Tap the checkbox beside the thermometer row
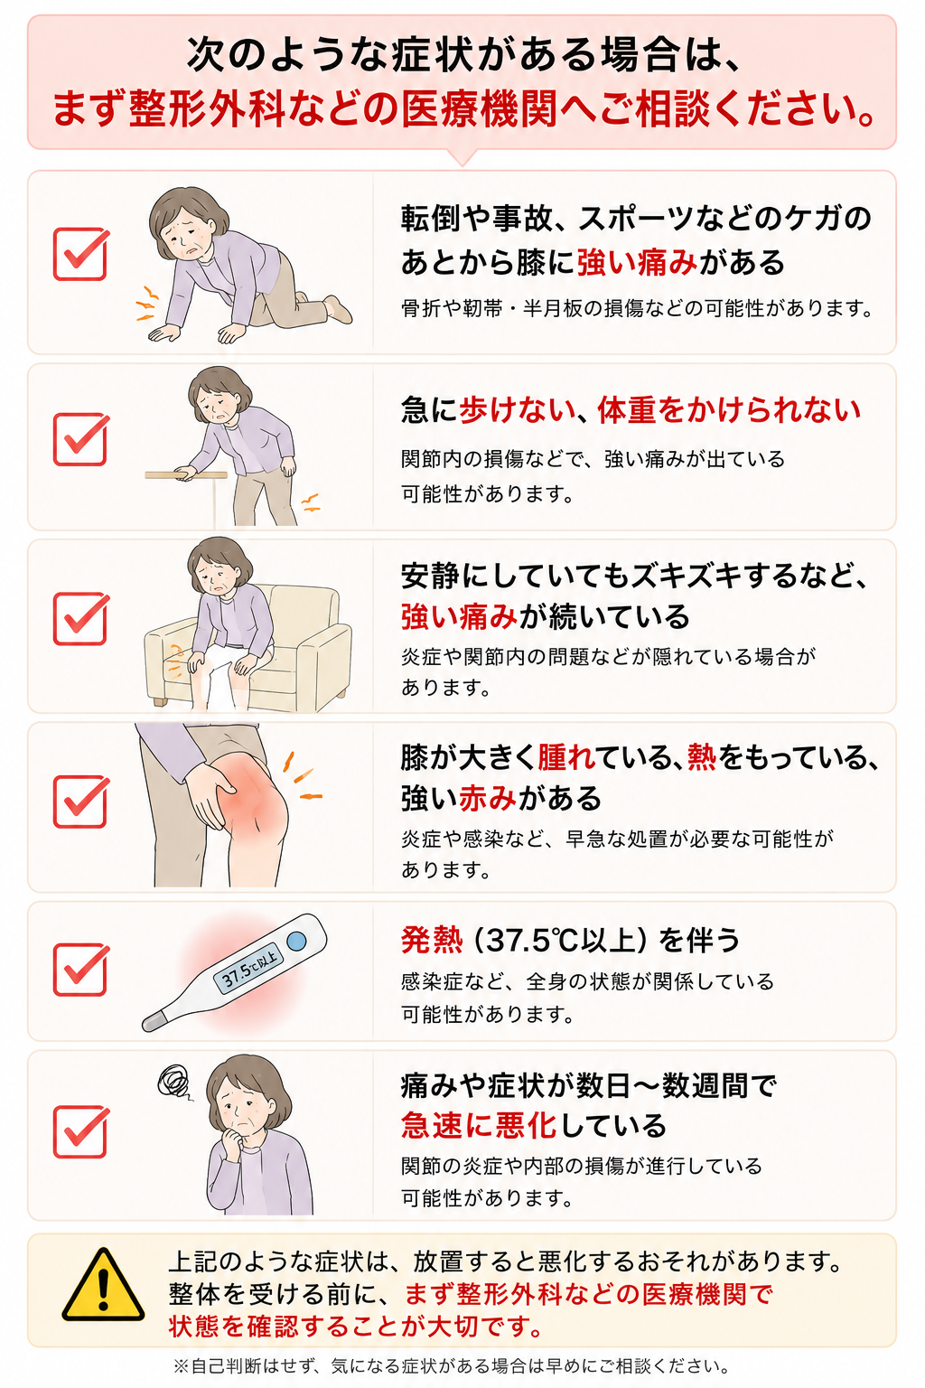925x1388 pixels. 81,970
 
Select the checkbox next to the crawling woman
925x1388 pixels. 81,254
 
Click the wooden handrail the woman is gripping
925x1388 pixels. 186,475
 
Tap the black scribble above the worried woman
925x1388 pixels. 174,1082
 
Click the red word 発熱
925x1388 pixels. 431,940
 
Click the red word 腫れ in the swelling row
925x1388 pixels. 566,757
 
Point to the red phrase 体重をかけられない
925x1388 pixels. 729,410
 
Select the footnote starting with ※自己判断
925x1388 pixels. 452,1366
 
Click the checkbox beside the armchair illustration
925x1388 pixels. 81,618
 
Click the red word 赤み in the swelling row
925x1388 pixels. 488,798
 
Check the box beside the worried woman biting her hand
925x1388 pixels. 81,1131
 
